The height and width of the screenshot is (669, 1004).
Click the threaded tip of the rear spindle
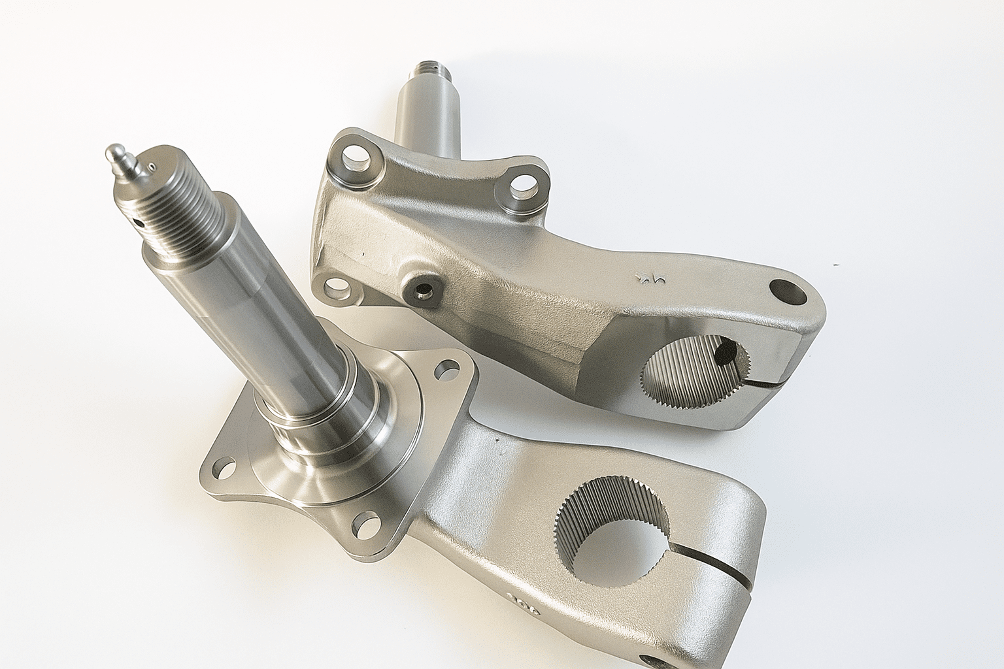(430, 67)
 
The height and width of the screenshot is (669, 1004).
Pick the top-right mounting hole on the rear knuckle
(520, 186)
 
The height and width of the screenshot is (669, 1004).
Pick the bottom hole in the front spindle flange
(367, 523)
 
